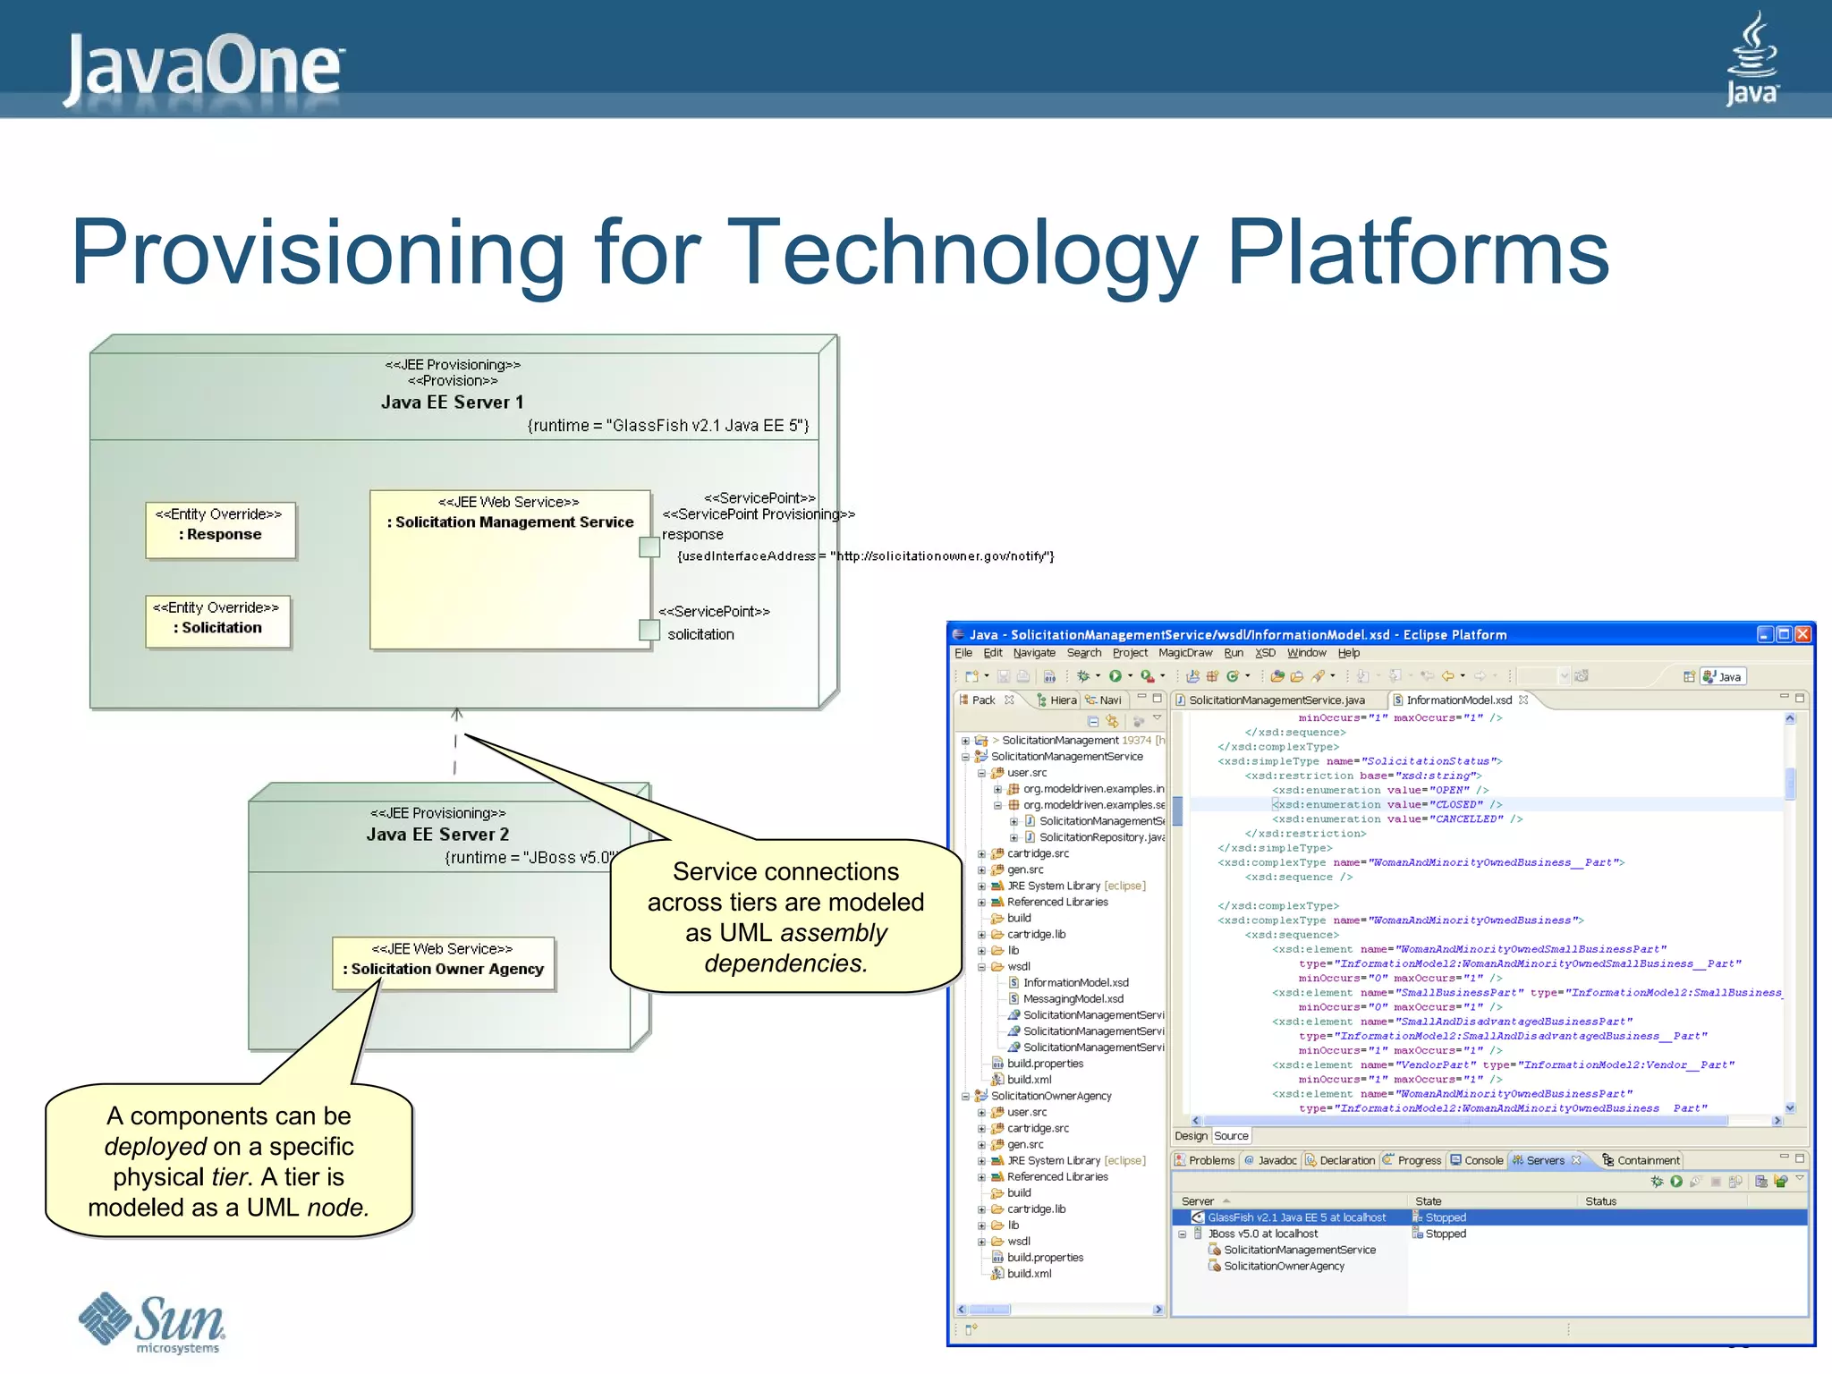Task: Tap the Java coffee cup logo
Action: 1751,58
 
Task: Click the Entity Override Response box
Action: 220,530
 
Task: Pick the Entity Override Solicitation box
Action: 217,621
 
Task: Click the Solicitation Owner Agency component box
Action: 444,963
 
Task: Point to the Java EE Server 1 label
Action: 453,403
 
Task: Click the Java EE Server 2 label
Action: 437,835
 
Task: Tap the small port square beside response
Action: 649,547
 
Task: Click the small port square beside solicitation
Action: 649,630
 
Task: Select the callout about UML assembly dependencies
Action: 785,917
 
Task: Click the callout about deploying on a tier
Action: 229,1162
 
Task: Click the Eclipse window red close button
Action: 1802,634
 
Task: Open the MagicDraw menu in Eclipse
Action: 1184,653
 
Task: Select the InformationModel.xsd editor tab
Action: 1458,700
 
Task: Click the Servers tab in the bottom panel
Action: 1545,1160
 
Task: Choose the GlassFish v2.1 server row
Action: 1295,1217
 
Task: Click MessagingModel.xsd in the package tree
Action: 1073,999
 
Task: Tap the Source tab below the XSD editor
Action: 1231,1136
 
